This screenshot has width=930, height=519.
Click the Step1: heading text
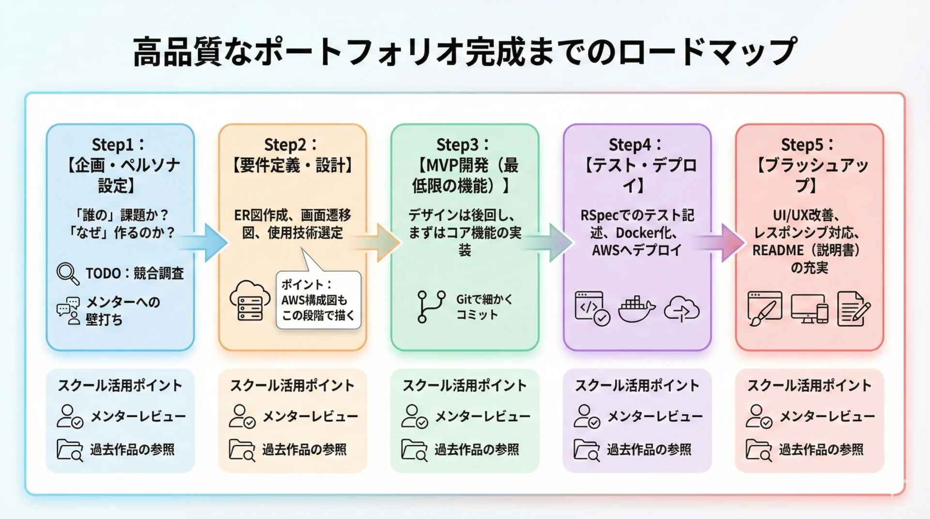point(118,144)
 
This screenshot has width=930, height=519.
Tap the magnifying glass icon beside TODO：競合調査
point(68,274)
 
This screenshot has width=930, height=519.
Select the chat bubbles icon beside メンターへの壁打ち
point(68,310)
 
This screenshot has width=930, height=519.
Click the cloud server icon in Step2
point(250,300)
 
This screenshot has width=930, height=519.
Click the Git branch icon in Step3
point(431,306)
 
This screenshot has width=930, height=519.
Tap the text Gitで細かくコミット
point(484,307)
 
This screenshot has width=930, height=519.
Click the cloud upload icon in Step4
point(682,309)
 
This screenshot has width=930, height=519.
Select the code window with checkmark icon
point(592,308)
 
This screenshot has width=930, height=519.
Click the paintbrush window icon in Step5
point(764,308)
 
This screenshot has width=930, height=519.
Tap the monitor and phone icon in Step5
point(809,308)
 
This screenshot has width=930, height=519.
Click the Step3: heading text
point(463,144)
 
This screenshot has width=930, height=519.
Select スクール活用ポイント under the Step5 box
point(809,385)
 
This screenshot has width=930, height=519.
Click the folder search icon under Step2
point(242,450)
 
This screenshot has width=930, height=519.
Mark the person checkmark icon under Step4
point(587,416)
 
